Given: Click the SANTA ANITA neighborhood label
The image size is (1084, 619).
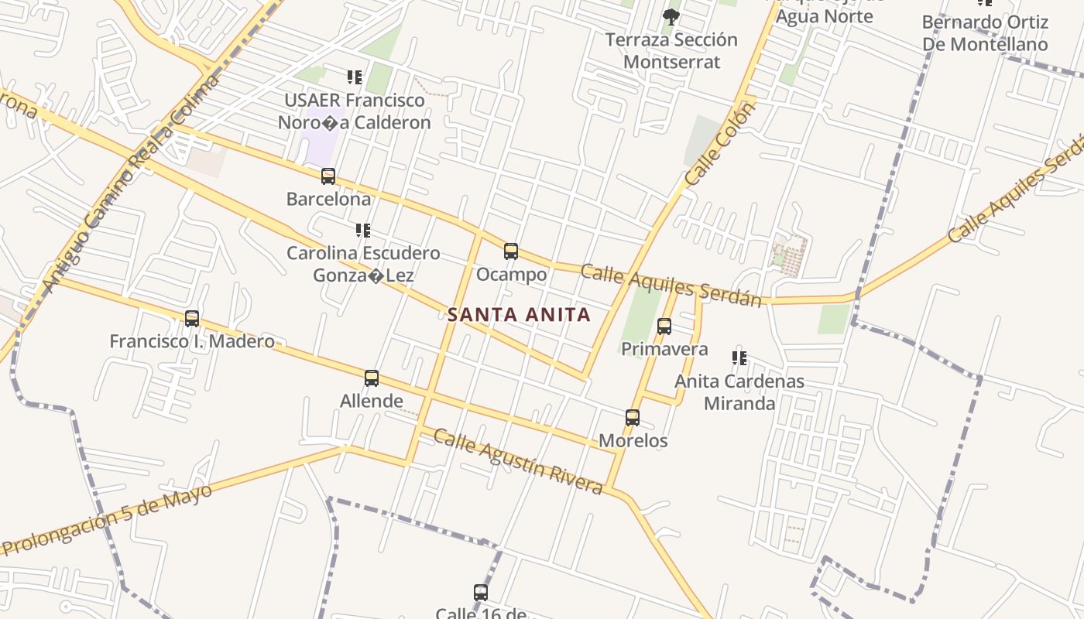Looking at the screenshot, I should pyautogui.click(x=519, y=315).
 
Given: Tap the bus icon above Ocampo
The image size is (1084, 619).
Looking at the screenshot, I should pyautogui.click(x=511, y=251).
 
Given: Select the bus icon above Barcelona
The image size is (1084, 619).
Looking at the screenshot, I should pyautogui.click(x=328, y=176).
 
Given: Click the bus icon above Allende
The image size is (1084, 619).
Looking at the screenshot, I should pyautogui.click(x=372, y=378).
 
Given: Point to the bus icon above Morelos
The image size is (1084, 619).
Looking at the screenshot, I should pyautogui.click(x=633, y=418).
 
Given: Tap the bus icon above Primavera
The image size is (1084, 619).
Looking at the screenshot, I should pyautogui.click(x=664, y=327).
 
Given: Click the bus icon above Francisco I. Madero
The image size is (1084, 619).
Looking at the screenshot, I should pyautogui.click(x=192, y=318).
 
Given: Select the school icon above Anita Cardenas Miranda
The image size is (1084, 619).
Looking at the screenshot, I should pyautogui.click(x=739, y=358).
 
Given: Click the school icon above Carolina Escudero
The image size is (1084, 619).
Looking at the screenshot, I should pyautogui.click(x=362, y=231).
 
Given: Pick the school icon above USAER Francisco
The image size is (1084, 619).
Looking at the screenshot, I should pyautogui.click(x=354, y=77).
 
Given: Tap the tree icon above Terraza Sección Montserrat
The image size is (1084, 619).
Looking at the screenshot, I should pyautogui.click(x=671, y=16).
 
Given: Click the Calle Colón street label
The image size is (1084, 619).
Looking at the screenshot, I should pyautogui.click(x=719, y=145).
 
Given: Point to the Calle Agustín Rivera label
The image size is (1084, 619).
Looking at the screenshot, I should pyautogui.click(x=518, y=461).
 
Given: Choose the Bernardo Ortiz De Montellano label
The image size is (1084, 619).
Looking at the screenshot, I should pyautogui.click(x=985, y=33).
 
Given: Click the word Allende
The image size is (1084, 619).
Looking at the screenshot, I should pyautogui.click(x=372, y=401).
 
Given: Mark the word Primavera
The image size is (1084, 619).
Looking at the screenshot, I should pyautogui.click(x=664, y=349).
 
